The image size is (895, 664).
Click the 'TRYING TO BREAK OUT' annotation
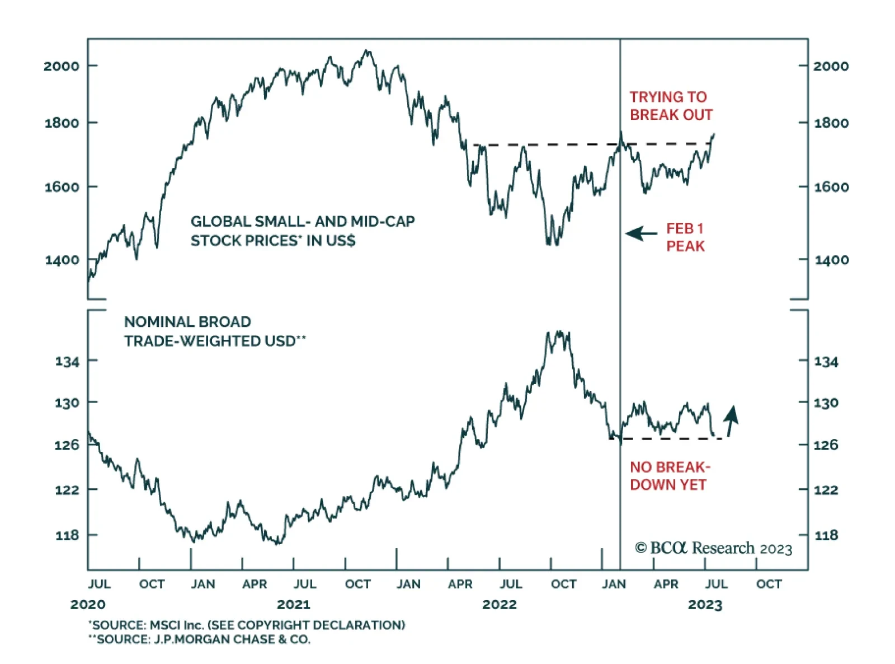[671, 106]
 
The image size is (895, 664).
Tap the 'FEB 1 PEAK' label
[685, 237]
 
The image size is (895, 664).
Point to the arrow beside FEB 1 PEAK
[641, 233]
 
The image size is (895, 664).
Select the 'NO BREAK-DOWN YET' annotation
[670, 476]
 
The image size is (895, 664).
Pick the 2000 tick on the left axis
[62, 66]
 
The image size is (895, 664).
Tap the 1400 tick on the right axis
[831, 260]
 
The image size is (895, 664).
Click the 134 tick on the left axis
[67, 362]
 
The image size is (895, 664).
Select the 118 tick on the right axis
[826, 536]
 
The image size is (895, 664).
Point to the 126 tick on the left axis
[67, 445]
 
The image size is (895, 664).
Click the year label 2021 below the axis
[293, 605]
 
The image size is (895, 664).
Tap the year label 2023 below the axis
[705, 605]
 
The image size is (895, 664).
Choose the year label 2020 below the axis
[88, 605]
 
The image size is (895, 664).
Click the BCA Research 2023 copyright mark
[713, 548]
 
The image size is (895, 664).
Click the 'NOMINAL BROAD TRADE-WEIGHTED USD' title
[215, 331]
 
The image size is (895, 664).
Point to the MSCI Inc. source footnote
[247, 625]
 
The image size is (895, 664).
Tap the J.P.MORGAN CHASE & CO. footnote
[199, 639]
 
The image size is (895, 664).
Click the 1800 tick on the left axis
[62, 123]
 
